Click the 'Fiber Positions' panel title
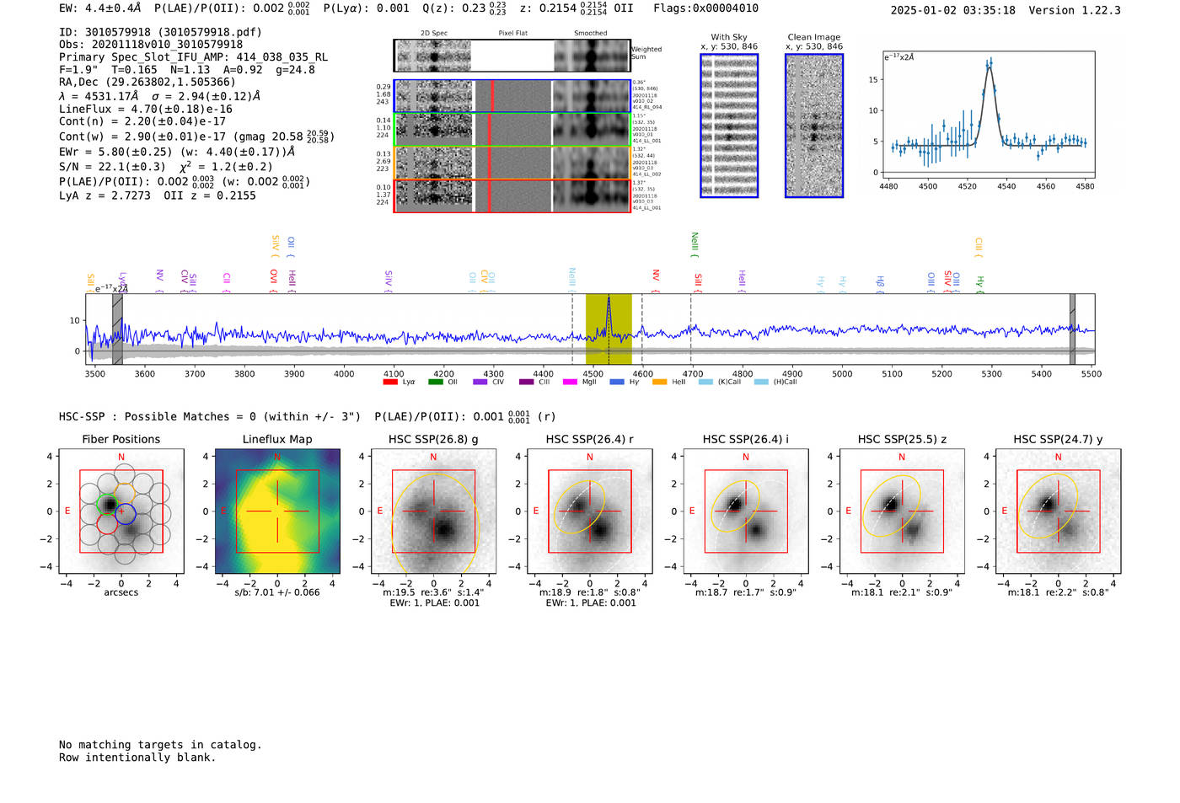pos(121,439)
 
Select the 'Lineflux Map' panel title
pos(277,439)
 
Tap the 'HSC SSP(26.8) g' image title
pos(433,439)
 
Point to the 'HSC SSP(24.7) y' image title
pos(1058,439)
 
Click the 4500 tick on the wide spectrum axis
pos(593,373)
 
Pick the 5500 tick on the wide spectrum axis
pos(1091,373)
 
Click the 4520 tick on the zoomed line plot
pos(967,186)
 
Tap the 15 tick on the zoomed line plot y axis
pos(873,80)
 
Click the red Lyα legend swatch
pos(390,383)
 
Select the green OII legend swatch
pos(436,383)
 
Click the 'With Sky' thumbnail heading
pos(729,37)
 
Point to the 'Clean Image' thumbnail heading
pos(814,37)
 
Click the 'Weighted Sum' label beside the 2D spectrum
pos(646,53)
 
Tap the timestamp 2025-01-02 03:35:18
pos(952,11)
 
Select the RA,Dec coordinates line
pos(147,83)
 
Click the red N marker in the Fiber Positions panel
pos(121,458)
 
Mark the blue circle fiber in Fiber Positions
pos(125,512)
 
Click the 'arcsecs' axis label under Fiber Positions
pos(121,592)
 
